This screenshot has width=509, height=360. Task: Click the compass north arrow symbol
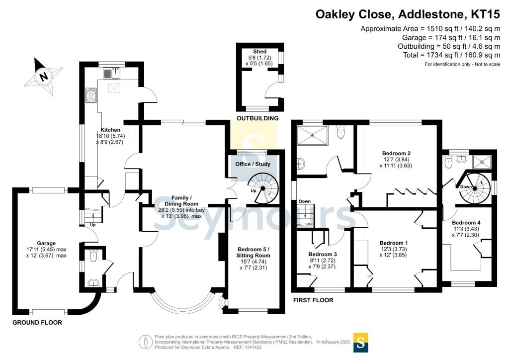tap(43, 77)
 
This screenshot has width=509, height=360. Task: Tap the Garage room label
tap(46, 243)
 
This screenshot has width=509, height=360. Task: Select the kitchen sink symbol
tap(112, 74)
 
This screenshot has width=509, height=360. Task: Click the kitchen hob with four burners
tap(91, 95)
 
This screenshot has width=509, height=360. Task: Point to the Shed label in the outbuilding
tap(259, 52)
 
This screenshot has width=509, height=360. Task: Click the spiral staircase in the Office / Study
tap(263, 188)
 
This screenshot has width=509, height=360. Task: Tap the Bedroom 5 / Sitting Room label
tap(254, 252)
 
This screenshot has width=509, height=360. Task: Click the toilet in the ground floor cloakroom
tap(93, 257)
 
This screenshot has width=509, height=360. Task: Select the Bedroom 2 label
tap(396, 153)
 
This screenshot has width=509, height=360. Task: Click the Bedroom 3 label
tap(322, 254)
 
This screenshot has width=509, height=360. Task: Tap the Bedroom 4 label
tap(466, 223)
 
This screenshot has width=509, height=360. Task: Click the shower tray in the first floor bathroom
tap(312, 134)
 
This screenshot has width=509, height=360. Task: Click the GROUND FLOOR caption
tap(37, 323)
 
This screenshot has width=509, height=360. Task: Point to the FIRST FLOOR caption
tap(313, 300)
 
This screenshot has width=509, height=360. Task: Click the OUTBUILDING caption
tap(257, 118)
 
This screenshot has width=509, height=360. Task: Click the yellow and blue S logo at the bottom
tap(361, 343)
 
